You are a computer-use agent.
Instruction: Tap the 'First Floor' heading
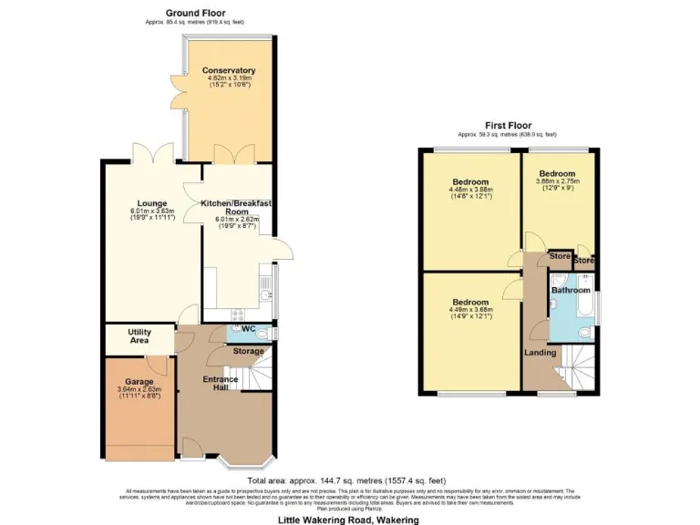tap(508, 126)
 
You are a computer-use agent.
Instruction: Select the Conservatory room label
tap(228, 71)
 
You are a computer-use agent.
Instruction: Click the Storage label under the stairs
tap(248, 351)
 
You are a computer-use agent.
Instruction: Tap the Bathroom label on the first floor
tap(571, 290)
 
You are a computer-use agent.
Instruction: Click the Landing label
tap(540, 353)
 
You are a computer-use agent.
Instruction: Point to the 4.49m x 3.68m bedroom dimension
tap(471, 309)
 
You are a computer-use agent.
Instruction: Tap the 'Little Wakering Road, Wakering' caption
tap(349, 519)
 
